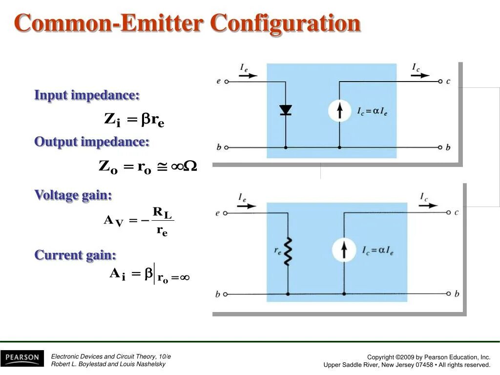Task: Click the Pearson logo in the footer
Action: coord(22,358)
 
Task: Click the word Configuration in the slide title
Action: coord(286,23)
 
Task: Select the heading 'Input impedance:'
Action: coord(87,95)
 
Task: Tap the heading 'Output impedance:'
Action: coord(92,142)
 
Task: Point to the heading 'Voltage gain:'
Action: coord(73,195)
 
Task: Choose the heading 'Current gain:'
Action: coord(75,255)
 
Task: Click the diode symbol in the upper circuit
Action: coord(286,110)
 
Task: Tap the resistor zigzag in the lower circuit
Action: coord(288,251)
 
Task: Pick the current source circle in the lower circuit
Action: coord(344,250)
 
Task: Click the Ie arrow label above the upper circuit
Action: coord(244,69)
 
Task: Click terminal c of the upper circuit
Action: coord(440,81)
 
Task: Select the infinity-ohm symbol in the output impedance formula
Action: coord(184,167)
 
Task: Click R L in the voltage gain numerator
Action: coord(162,213)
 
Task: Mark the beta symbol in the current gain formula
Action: coord(148,274)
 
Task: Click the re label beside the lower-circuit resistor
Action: coord(277,250)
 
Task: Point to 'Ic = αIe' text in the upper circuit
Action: coord(372,112)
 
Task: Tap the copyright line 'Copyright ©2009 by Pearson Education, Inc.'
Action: coord(428,357)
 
